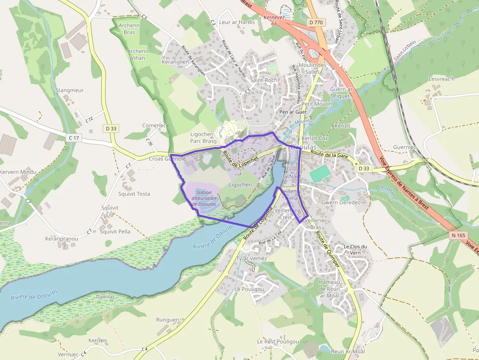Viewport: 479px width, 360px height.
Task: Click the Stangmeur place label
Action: point(69,90)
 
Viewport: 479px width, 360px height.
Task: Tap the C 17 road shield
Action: point(74,138)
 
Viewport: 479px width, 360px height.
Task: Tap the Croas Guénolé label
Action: point(167,159)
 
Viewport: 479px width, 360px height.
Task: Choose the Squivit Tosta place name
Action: point(134,194)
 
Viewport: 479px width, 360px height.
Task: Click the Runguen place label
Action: point(168,320)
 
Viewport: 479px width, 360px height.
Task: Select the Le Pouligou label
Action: point(249,289)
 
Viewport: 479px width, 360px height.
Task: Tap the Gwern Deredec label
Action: point(340,202)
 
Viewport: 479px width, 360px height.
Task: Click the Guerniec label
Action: point(405,147)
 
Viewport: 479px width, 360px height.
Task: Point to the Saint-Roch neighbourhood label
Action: point(263,80)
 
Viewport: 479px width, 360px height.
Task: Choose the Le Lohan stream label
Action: point(386,190)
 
